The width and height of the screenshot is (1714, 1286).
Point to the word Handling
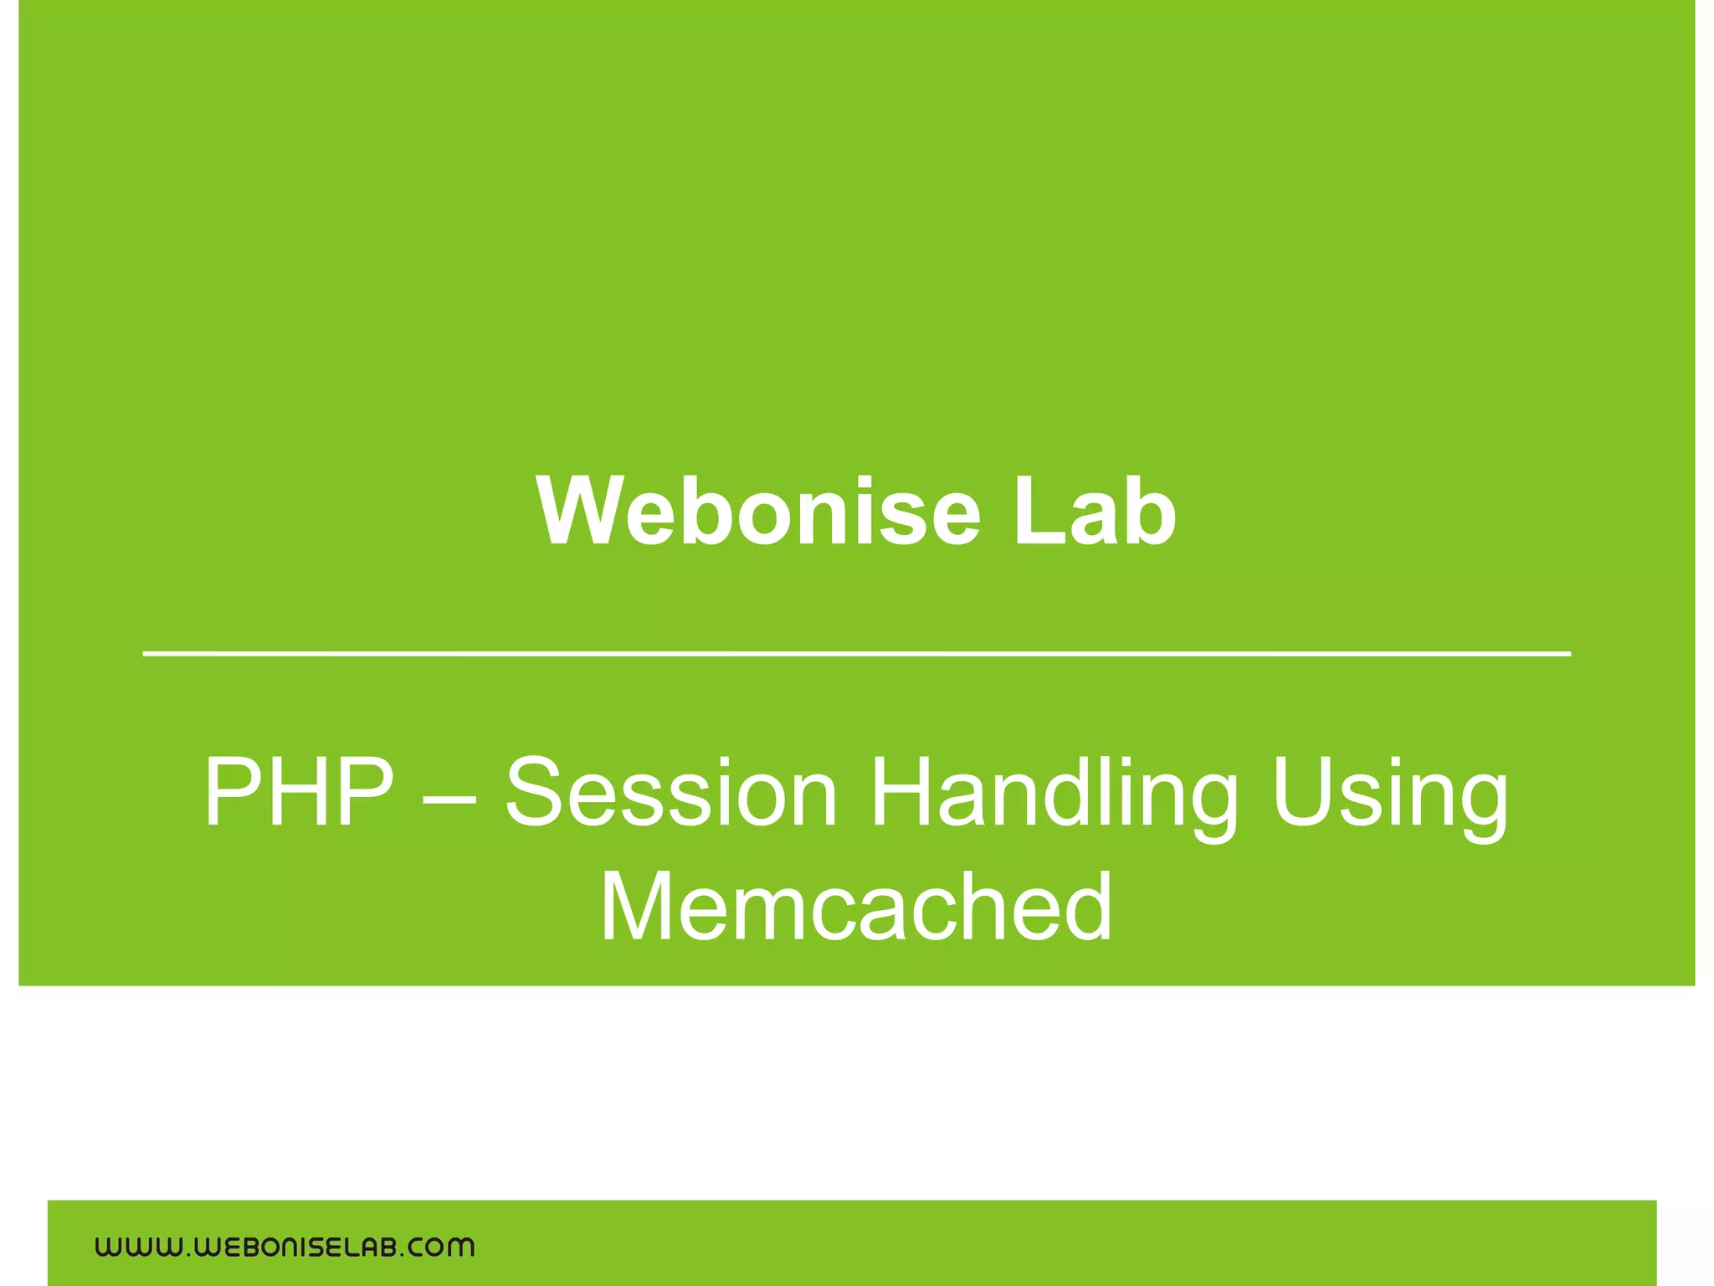1055,791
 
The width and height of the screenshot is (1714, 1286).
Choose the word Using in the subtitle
1390,791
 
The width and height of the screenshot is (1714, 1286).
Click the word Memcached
856,907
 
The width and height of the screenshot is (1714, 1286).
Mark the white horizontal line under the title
856,653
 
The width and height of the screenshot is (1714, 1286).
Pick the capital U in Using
1306,791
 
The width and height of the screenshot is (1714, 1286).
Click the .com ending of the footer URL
439,1247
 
